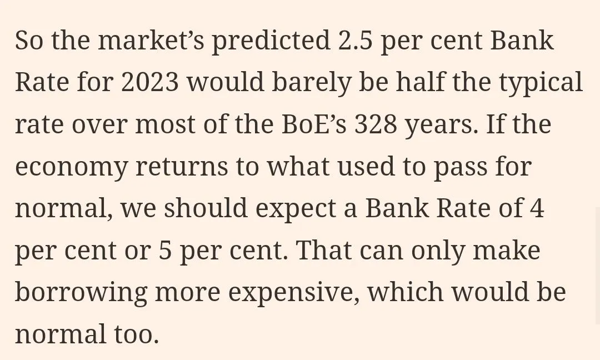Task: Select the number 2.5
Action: pos(354,40)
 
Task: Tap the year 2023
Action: pos(150,82)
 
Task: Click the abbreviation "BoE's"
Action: pos(314,123)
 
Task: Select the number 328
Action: pos(376,123)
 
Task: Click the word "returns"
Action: pos(182,166)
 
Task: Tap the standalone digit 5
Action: pos(165,250)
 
